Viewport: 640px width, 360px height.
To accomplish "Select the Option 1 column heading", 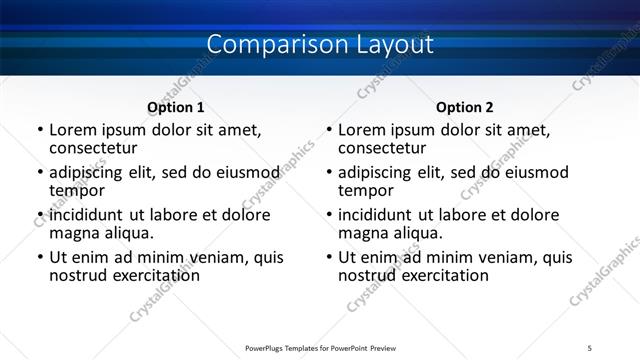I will tap(175, 107).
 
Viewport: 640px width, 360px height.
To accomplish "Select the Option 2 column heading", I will tap(465, 107).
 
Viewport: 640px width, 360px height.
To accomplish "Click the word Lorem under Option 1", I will tap(73, 130).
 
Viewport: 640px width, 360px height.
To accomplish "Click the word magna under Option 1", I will tap(72, 233).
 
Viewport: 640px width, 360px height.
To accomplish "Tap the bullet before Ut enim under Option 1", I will tap(40, 258).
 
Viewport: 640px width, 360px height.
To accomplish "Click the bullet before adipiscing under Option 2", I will tap(329, 172).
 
